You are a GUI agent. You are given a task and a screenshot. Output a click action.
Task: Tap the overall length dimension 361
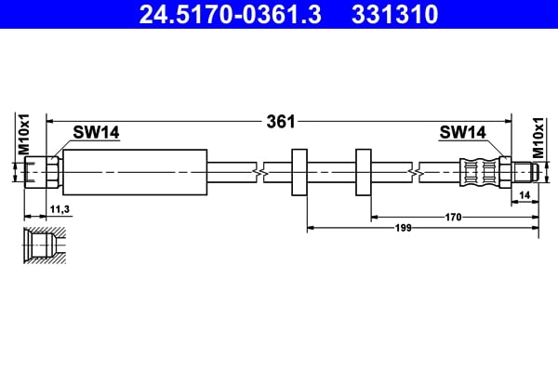[280, 120]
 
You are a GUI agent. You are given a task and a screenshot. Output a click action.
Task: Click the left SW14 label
[98, 133]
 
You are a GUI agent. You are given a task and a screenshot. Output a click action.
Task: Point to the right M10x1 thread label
[537, 136]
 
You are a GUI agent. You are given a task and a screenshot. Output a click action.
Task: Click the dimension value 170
[454, 217]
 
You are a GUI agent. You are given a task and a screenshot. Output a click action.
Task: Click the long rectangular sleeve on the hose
[134, 172]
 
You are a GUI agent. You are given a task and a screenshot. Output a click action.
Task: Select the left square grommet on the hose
[299, 172]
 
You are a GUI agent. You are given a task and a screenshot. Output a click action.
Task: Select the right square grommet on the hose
[364, 172]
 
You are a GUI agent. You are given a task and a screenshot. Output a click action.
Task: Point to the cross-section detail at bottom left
[45, 245]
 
